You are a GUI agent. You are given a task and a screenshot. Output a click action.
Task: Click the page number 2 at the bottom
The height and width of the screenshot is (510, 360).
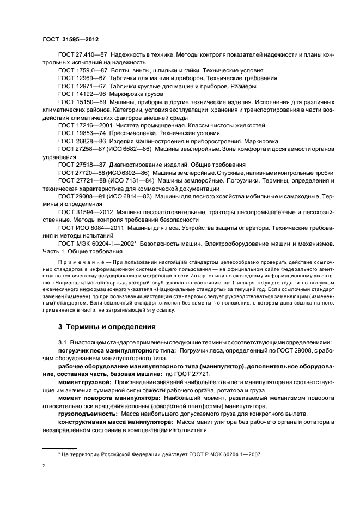point(44,466)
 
